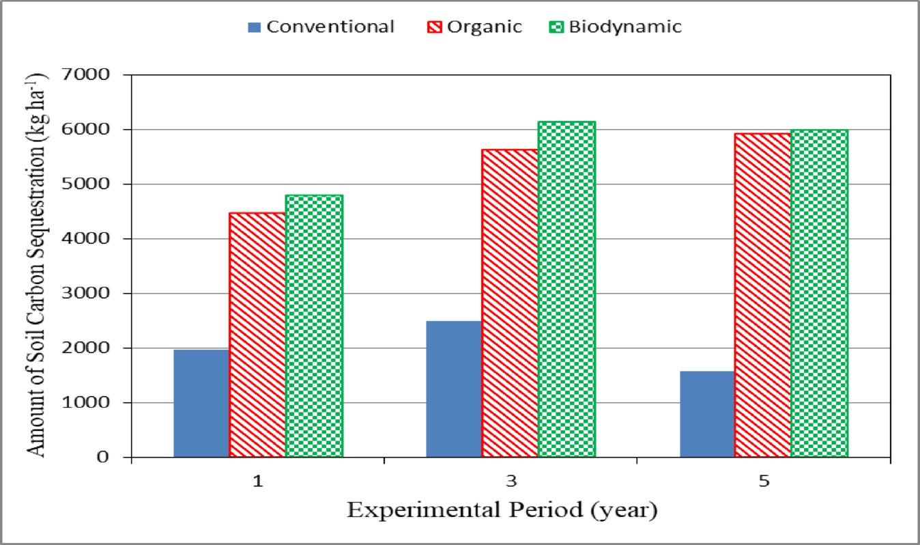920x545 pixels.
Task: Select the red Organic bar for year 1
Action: [x=257, y=335]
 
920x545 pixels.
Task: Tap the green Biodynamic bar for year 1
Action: [x=314, y=326]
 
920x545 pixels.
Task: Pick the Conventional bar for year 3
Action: [x=454, y=389]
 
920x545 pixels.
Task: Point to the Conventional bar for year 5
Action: [x=708, y=414]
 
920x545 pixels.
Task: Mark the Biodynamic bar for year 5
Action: [x=820, y=293]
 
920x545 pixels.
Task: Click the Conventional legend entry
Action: [x=321, y=27]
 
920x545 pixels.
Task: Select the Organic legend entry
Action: [x=476, y=27]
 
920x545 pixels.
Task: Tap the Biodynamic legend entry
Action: [x=616, y=27]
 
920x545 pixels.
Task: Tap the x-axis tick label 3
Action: [x=511, y=481]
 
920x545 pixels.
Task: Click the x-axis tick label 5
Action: [x=764, y=481]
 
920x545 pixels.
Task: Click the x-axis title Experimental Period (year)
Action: [x=502, y=510]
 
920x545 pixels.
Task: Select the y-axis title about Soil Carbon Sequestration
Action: [x=38, y=266]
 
